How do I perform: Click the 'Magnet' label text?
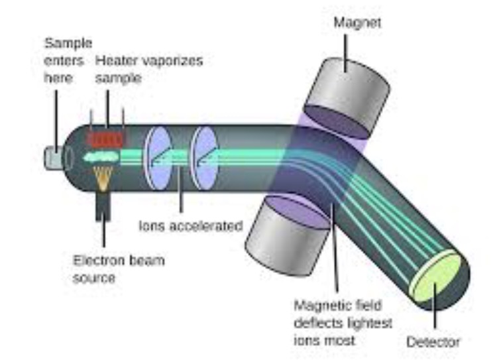pos(357,23)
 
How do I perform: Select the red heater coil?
pos(106,139)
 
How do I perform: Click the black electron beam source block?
pos(104,206)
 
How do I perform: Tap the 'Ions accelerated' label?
pos(190,226)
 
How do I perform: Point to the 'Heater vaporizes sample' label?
pos(149,69)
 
